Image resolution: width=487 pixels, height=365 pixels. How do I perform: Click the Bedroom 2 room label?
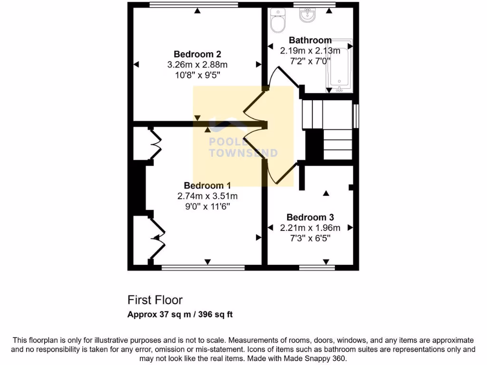[197, 54]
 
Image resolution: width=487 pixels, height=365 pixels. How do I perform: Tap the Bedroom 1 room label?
[207, 185]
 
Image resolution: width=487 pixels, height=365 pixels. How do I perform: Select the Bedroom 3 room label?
[310, 218]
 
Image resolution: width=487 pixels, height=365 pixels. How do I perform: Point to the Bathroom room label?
[310, 40]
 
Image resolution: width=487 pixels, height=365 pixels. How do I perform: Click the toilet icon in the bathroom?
[277, 20]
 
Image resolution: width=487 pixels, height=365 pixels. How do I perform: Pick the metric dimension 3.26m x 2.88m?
[197, 65]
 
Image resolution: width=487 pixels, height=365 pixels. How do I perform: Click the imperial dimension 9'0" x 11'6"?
[207, 206]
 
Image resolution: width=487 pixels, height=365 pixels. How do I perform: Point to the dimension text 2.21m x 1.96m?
[310, 228]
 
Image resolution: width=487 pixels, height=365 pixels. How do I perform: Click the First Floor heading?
[155, 300]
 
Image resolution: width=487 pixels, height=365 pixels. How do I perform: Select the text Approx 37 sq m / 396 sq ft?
[180, 315]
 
